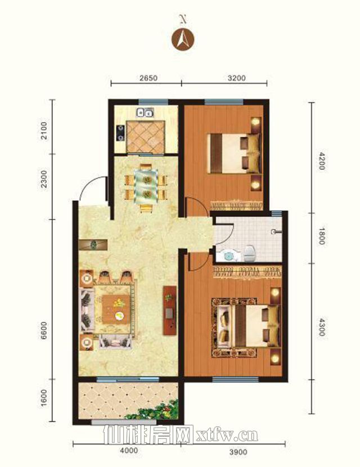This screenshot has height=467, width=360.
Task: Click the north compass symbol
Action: (183, 39)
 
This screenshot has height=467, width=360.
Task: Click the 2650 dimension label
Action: (148, 78)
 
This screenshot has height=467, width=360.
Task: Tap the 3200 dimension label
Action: (236, 78)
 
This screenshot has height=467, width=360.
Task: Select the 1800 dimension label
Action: (321, 236)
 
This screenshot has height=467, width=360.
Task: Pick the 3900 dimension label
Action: (238, 452)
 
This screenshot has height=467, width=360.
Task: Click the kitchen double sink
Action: (145, 113)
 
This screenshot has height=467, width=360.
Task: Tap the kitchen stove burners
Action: (120, 133)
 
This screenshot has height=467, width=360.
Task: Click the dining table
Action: (146, 186)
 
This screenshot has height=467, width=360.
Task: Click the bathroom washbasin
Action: (228, 255)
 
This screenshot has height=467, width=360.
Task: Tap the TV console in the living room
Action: (169, 311)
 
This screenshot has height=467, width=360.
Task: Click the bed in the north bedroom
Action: (234, 153)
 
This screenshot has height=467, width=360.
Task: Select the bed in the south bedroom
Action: (255, 326)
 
